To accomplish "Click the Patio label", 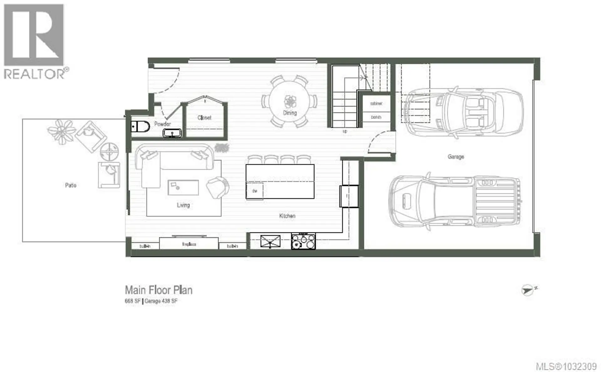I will pos(70,185).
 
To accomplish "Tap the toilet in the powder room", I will pos(141,127).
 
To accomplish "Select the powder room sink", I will pos(172,133).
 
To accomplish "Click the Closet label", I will pos(204,118).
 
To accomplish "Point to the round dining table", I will pos(290,101).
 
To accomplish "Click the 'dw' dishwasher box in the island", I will pos(254,191).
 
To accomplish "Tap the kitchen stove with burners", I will pos(303,241).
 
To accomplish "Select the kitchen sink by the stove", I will pos(270,241).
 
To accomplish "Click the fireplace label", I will pos(189,244).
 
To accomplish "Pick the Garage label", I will pos(455,157).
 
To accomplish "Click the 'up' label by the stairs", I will pos(345,131).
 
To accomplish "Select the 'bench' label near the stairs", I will pos(376,117).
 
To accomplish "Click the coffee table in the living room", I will pos(183,188).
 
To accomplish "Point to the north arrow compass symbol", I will pos(528,290).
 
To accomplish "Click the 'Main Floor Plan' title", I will pos(159,290).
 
